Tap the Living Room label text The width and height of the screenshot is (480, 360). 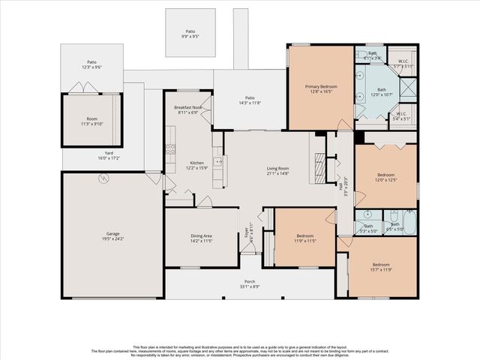pyautogui.click(x=277, y=169)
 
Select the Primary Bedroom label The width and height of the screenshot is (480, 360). pyautogui.click(x=320, y=87)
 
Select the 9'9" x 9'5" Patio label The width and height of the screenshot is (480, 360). pyautogui.click(x=190, y=32)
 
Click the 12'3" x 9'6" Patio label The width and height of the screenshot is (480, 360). pyautogui.click(x=91, y=63)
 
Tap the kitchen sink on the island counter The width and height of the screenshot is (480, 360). pyautogui.click(x=218, y=161)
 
